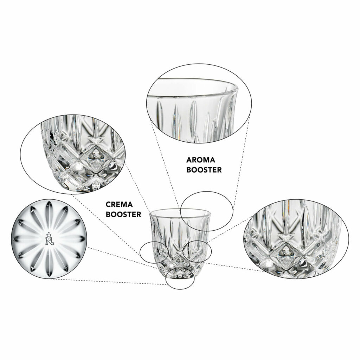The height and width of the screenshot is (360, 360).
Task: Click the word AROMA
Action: (x=201, y=160)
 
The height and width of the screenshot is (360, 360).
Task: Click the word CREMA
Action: (x=119, y=204)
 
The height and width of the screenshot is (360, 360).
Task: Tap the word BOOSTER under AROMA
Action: (x=204, y=170)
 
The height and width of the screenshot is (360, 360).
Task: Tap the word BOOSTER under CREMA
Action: (x=123, y=214)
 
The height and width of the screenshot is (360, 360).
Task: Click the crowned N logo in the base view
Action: (x=49, y=239)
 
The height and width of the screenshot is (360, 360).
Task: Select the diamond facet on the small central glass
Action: (x=180, y=260)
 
